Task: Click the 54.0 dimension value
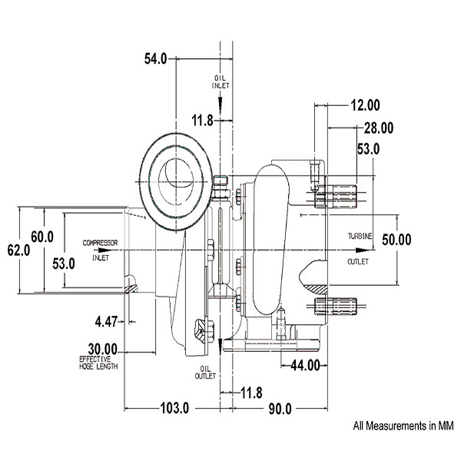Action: [155, 59]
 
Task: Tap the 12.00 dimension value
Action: [366, 105]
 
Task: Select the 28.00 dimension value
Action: [379, 128]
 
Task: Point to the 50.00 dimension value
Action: [396, 240]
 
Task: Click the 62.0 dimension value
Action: [18, 250]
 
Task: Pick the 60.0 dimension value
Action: [42, 237]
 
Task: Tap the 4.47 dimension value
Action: [106, 322]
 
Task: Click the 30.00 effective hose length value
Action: [103, 350]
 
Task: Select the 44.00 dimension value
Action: [305, 366]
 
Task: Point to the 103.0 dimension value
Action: [174, 408]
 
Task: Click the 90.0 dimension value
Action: [280, 409]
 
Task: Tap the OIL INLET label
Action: [221, 82]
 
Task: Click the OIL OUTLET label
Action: [205, 373]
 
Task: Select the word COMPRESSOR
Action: [100, 243]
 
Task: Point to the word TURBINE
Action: [360, 236]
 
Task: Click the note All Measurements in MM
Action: [403, 426]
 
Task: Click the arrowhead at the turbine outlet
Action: [362, 250]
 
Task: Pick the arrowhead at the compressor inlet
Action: [104, 250]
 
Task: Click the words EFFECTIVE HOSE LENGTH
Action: [98, 363]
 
